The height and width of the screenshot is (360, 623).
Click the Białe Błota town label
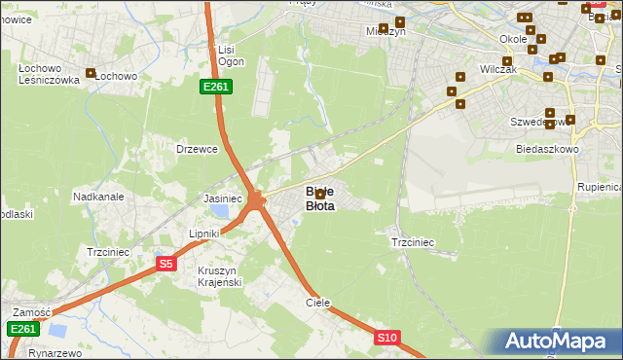[320, 198]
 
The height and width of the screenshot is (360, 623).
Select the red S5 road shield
[165, 264]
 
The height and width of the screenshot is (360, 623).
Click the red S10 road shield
[386, 338]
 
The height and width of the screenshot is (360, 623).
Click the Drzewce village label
[195, 149]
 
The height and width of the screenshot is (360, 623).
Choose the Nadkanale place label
[97, 196]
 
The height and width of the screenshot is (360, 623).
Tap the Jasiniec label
[222, 198]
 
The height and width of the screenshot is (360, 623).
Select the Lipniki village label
[206, 234]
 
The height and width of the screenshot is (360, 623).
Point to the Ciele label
[318, 303]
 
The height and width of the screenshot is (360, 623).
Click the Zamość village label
[30, 312]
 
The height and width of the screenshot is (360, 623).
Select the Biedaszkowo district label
[547, 150]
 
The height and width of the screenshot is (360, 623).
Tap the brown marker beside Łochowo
[92, 73]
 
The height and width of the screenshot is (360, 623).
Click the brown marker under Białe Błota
[320, 195]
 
